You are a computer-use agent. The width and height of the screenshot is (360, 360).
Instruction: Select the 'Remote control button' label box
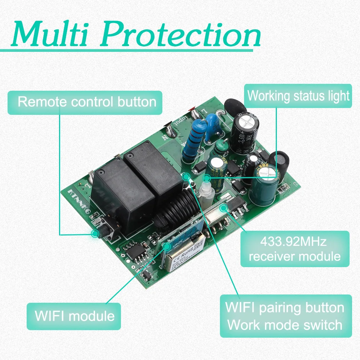[x=87, y=102]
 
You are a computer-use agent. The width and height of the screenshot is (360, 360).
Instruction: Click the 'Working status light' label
[x=298, y=96]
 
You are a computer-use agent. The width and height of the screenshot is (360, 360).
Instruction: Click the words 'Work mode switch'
[x=285, y=325]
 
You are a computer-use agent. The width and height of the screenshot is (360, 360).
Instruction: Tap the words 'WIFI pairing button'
[x=285, y=308]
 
